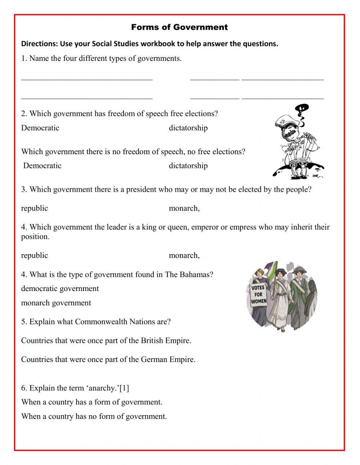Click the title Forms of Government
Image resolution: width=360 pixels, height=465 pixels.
click(x=179, y=27)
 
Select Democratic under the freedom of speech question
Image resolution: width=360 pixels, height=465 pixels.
click(x=40, y=128)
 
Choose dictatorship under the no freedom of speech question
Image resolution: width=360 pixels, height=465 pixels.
click(x=188, y=166)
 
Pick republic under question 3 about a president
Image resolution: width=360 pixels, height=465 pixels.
click(x=34, y=208)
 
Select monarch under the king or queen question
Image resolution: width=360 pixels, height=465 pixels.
click(x=184, y=255)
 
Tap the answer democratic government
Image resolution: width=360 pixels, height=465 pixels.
click(x=60, y=289)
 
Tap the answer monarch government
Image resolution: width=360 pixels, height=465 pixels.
click(x=56, y=303)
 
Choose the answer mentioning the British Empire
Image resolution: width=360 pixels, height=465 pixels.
click(x=106, y=340)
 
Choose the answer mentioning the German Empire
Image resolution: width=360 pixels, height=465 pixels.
click(x=108, y=359)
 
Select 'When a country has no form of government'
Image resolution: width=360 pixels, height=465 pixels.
click(x=94, y=416)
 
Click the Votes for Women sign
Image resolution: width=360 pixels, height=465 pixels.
click(x=258, y=294)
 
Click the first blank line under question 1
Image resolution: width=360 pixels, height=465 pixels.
click(x=87, y=78)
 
